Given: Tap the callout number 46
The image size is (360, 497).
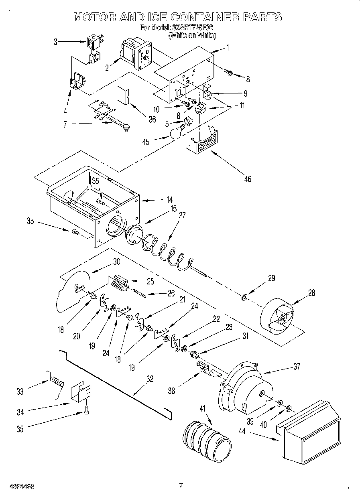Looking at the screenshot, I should tap(248, 179).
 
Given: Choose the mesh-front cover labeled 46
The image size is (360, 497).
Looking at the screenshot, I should tap(203, 142).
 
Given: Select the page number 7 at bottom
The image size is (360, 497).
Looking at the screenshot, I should tap(181, 485).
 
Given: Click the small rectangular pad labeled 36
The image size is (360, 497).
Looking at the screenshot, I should tap(122, 95).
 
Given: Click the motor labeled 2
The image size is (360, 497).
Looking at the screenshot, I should tap(134, 54).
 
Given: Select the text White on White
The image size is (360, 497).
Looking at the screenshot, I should tap(192, 35).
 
